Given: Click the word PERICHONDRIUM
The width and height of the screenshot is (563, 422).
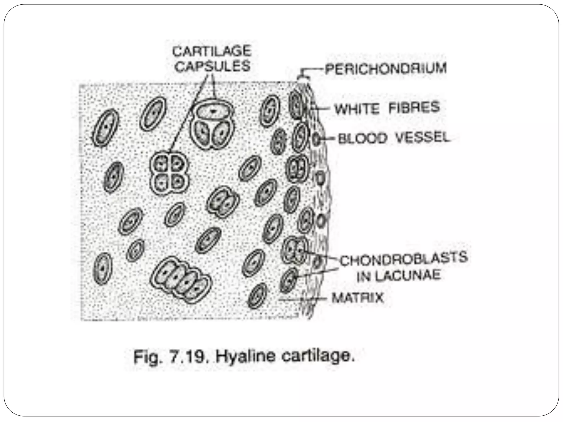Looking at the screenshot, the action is tap(386, 69).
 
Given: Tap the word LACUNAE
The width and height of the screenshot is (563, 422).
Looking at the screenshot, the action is tap(409, 275).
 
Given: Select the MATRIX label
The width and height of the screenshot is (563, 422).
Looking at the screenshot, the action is tap(357, 298).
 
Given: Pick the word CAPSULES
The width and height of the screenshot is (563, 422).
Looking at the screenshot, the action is tap(212, 66).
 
